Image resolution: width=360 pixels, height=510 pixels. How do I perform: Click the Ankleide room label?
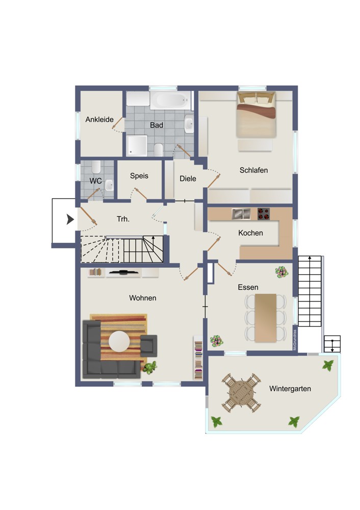coord(99,119)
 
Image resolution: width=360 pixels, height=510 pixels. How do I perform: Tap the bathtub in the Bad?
coord(170,100)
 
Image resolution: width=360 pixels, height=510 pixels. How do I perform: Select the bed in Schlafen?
coord(256,114)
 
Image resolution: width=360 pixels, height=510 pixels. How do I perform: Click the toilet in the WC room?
coord(96,167)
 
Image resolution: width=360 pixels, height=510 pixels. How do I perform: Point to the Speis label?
coord(139,176)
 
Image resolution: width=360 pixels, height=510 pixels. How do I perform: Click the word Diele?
coord(188,178)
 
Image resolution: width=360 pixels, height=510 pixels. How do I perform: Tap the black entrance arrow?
coord(70,219)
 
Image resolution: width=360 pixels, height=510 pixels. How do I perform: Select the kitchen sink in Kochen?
coord(241,214)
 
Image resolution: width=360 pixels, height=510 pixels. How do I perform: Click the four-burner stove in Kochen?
coord(264,214)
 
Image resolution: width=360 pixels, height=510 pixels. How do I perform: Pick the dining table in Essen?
coord(266,318)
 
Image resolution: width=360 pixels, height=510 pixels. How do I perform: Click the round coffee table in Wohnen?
coord(119,341)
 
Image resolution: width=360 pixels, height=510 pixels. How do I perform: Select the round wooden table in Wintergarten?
coord(241,393)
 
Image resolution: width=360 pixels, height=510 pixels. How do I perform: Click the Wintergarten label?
coord(290,389)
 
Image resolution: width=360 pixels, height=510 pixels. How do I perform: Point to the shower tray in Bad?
coord(137,146)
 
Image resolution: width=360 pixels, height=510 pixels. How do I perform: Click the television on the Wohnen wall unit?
coord(123,272)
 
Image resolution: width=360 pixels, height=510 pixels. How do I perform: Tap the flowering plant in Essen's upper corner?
coord(281,272)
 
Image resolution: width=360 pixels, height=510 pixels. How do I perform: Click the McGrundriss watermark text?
coord(295,340)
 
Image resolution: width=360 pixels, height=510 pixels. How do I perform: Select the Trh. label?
coord(123,219)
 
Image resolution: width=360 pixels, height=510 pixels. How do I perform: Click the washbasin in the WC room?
coord(109,185)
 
